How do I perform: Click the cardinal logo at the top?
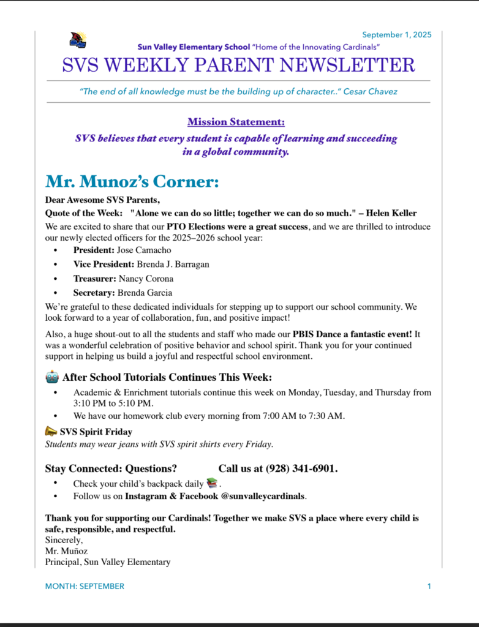[x=78, y=40]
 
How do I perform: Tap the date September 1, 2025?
[x=396, y=35]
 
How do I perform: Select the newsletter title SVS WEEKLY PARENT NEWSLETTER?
[x=239, y=64]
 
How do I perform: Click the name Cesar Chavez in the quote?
[x=370, y=92]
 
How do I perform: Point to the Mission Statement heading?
[x=236, y=122]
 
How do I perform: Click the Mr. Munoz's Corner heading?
[x=132, y=181]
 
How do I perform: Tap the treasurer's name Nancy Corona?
[x=146, y=279]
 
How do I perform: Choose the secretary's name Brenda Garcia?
[x=145, y=293]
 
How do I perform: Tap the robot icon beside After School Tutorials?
[x=51, y=377]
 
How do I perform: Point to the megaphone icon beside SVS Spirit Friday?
[x=51, y=431]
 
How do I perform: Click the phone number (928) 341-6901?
[x=301, y=468]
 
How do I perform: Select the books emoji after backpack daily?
[x=212, y=483]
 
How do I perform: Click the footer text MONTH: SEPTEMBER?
[x=85, y=586]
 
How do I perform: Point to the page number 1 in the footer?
[x=429, y=586]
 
